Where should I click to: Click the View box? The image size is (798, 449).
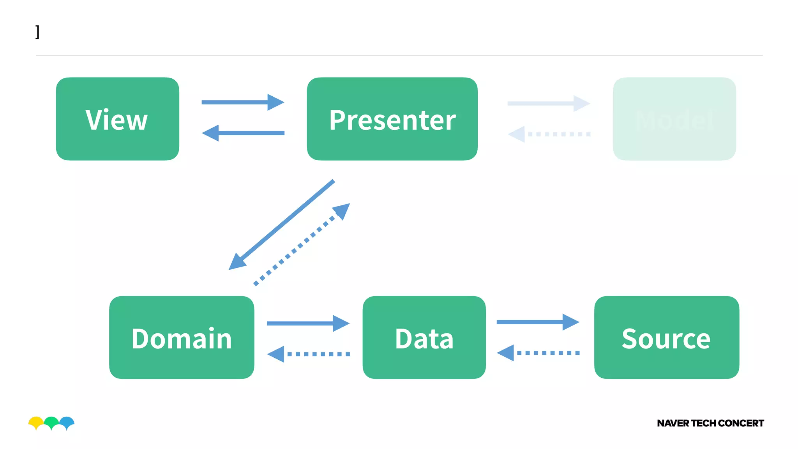[117, 119]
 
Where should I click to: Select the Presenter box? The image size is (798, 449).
[392, 119]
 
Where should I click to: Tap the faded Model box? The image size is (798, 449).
[674, 119]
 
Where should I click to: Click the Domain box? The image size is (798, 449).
[182, 338]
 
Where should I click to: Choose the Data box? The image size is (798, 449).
[424, 338]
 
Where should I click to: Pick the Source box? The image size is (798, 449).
[666, 338]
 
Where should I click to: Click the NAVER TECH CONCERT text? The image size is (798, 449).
[710, 423]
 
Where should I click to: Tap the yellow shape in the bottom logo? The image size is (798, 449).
[35, 422]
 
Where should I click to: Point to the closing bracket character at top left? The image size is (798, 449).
[37, 32]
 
